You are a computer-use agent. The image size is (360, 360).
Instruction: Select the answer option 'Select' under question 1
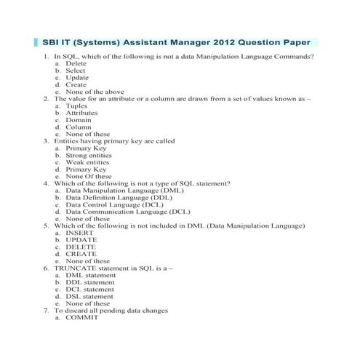(x=76, y=71)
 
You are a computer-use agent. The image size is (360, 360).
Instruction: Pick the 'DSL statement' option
(x=89, y=296)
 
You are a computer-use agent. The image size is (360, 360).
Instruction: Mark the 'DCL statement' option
(x=89, y=289)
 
